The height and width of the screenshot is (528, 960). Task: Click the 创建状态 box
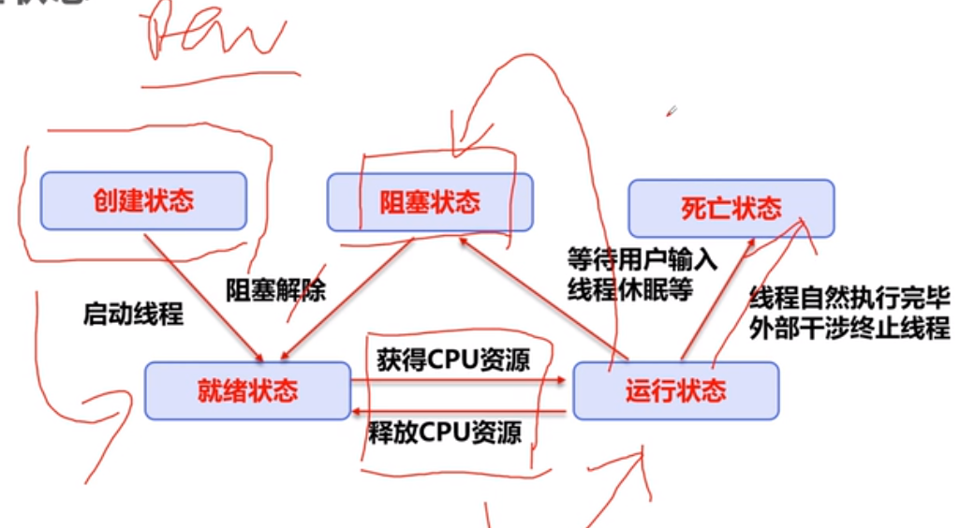[143, 201]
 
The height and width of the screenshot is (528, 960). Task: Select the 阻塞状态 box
[430, 202]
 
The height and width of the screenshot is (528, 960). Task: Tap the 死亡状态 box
[731, 208]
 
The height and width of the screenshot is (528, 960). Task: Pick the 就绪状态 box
[247, 389]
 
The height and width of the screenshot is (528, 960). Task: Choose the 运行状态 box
[675, 390]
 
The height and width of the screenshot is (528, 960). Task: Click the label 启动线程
[133, 314]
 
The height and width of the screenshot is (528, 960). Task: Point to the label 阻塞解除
[275, 290]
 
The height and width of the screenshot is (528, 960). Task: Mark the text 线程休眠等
[629, 289]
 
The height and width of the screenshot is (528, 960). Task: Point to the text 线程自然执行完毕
[849, 300]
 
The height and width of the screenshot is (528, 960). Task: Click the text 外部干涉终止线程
[849, 330]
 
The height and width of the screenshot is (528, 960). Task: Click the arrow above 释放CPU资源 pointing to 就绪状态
[459, 411]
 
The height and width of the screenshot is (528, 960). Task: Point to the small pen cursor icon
[672, 111]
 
